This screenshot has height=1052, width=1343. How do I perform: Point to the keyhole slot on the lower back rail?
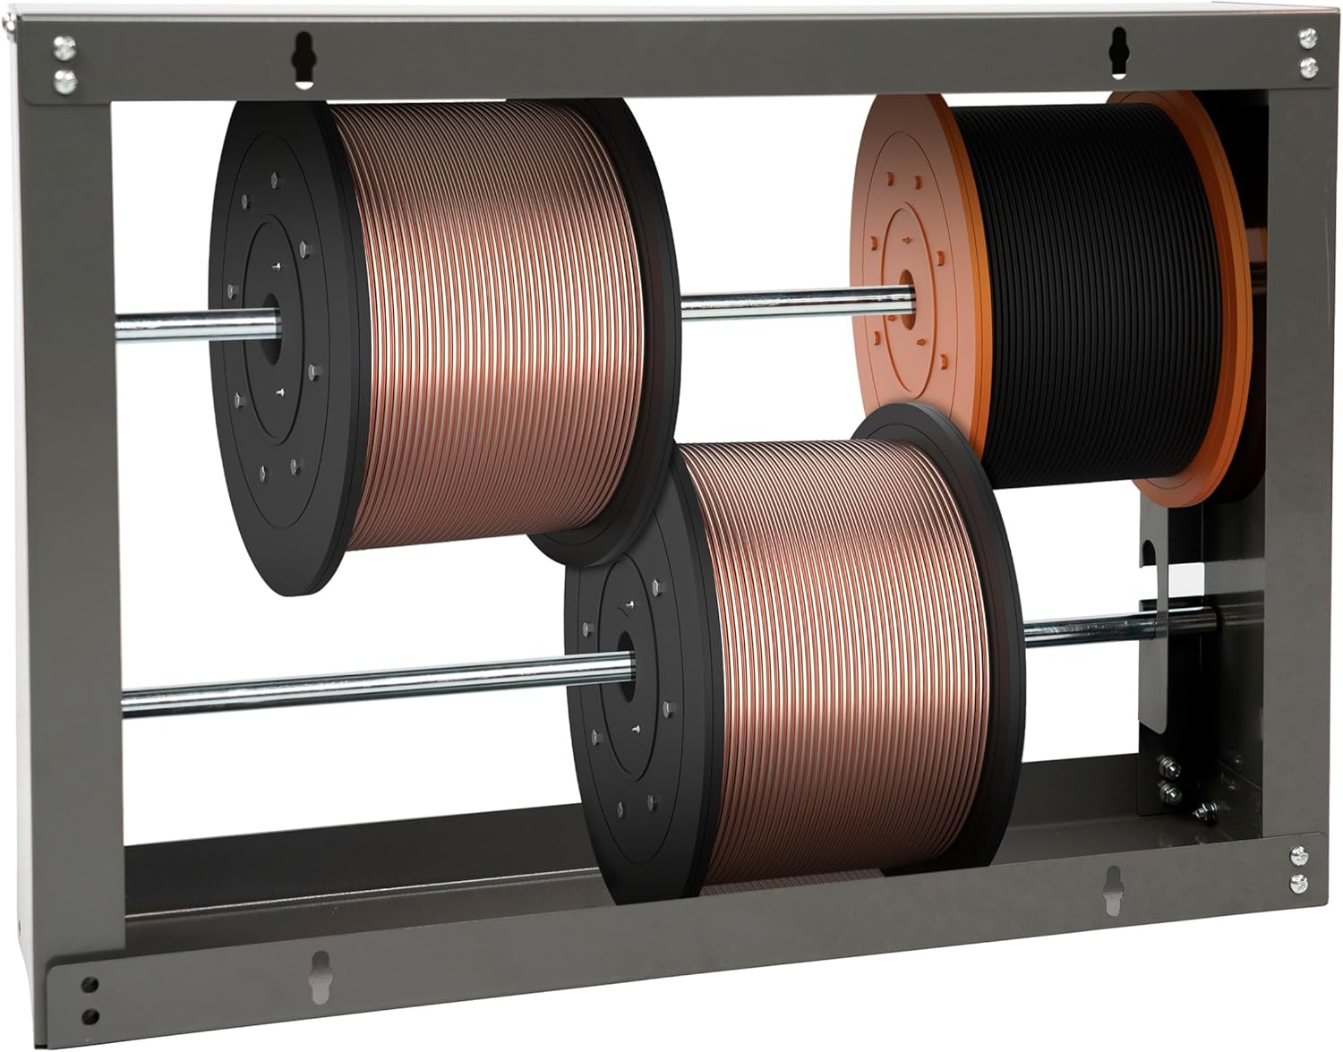pyautogui.click(x=1113, y=889)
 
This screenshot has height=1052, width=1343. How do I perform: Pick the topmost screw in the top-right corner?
pyautogui.click(x=1305, y=38)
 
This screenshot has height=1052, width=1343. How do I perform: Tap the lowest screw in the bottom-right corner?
pyautogui.click(x=1298, y=884)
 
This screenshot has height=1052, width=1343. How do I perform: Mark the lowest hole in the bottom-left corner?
pyautogui.click(x=89, y=1016)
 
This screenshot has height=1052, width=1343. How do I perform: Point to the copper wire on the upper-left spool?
pyautogui.click(x=483, y=313)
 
